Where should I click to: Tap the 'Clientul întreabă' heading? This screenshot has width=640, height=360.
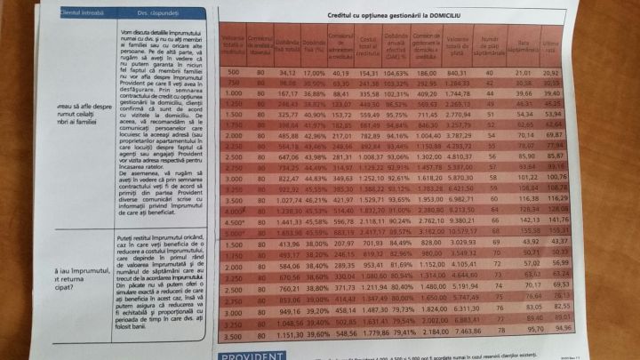click(82, 13)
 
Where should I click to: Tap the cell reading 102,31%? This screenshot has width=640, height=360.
click(396, 92)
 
